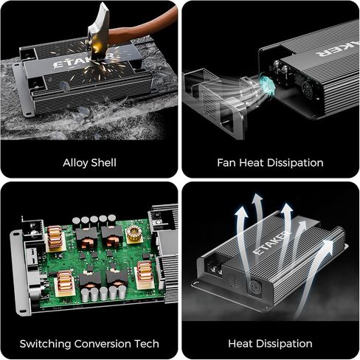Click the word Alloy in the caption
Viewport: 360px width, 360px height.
tap(75, 163)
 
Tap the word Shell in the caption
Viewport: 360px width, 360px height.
tap(103, 162)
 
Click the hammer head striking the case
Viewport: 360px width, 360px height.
tap(98, 32)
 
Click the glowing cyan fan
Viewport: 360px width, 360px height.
tap(267, 85)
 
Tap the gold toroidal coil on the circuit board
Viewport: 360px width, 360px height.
tap(134, 233)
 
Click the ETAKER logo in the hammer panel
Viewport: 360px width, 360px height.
tap(83, 60)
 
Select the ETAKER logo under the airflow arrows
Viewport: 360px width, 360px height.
tap(271, 243)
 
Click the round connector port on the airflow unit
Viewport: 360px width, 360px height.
tap(254, 286)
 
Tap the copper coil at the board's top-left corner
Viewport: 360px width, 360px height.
tap(55, 237)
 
